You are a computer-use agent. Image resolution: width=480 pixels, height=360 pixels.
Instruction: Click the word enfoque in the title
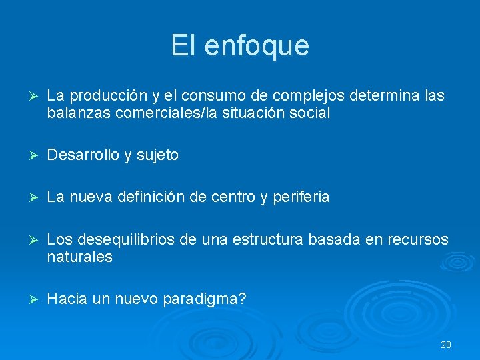click(x=257, y=46)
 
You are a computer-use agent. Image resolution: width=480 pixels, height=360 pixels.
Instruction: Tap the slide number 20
click(x=446, y=345)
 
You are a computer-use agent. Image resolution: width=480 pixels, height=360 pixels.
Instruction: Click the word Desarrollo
click(x=83, y=155)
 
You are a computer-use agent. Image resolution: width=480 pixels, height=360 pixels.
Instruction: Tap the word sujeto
click(x=157, y=155)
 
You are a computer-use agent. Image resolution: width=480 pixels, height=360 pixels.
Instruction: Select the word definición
click(x=158, y=197)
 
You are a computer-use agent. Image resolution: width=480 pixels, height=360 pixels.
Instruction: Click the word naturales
click(x=80, y=257)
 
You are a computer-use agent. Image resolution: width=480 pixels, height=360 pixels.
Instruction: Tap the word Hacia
click(x=67, y=299)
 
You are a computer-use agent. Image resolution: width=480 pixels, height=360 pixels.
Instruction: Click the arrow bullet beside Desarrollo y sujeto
click(x=28, y=155)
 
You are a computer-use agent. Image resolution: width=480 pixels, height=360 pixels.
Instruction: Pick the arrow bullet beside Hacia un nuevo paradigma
click(x=28, y=299)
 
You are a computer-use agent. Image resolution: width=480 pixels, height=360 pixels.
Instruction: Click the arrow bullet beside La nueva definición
click(x=28, y=197)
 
